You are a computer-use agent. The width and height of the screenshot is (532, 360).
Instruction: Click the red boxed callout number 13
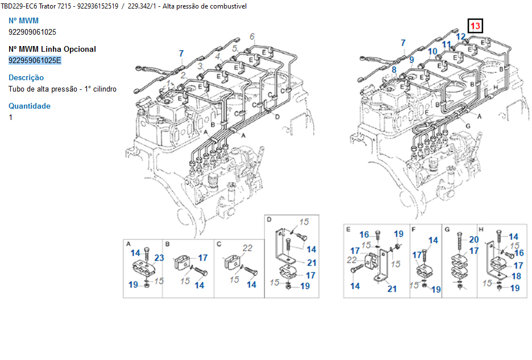click(x=475, y=26)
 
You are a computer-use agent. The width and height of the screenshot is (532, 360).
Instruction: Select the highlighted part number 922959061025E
click(x=35, y=60)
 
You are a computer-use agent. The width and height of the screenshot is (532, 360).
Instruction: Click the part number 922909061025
click(x=32, y=32)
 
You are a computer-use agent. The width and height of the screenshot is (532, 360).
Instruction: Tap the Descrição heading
click(x=26, y=77)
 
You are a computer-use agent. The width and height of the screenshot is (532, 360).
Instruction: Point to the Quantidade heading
click(x=30, y=106)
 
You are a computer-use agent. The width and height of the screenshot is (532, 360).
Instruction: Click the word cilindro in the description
click(x=105, y=89)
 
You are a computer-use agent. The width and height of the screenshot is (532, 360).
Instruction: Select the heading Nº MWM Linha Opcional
click(x=52, y=49)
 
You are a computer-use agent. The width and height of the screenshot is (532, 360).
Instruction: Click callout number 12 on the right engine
click(x=461, y=36)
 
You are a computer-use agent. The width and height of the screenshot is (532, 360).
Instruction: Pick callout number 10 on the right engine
click(x=433, y=51)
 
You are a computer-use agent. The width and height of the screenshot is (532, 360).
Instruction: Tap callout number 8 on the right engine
click(x=394, y=69)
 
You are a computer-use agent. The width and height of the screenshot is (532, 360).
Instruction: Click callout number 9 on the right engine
click(x=412, y=60)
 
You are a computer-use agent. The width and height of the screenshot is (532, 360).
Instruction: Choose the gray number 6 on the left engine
click(x=252, y=36)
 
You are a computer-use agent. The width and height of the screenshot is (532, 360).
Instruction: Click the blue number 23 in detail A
click(x=159, y=258)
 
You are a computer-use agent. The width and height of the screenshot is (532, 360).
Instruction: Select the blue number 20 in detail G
click(x=474, y=239)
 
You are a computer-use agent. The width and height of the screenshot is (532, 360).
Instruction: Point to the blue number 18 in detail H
click(x=517, y=276)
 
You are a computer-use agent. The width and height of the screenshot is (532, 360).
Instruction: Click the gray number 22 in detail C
click(x=247, y=248)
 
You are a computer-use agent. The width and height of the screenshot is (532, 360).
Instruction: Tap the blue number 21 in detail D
click(x=312, y=263)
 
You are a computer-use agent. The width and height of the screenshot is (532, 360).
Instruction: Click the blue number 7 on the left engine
click(x=181, y=53)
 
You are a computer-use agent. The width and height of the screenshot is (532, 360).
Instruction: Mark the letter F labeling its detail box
click(x=413, y=230)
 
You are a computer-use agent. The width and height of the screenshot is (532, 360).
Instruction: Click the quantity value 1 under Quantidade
click(x=11, y=118)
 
